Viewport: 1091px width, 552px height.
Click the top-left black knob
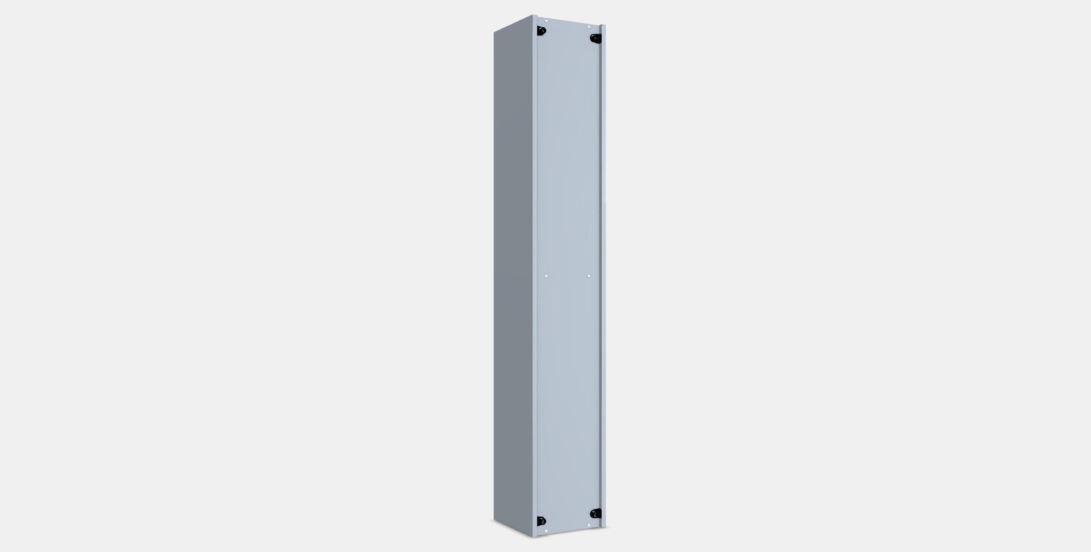[x=542, y=31]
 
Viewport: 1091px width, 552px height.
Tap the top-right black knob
[x=595, y=38]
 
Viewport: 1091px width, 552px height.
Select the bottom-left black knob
[x=542, y=521]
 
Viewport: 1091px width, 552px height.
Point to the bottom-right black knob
[x=596, y=514]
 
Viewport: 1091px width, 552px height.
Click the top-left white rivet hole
[x=546, y=21]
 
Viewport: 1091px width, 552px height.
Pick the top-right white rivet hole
[x=589, y=27]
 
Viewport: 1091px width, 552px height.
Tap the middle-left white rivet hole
[x=546, y=276]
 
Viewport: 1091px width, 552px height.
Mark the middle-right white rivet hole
[x=589, y=276]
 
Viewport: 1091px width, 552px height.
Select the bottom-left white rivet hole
[x=546, y=531]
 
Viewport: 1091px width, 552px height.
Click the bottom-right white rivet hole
[x=589, y=525]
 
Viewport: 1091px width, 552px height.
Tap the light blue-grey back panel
[x=568, y=188]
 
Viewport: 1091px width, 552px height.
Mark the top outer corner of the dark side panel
[x=494, y=32]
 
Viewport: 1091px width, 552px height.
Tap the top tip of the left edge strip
[x=534, y=15]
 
